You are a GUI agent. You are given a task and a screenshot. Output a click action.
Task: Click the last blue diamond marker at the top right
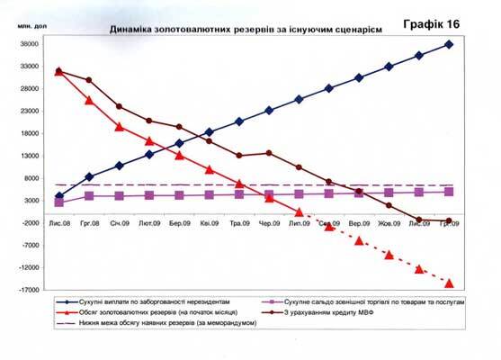pyautogui.click(x=448, y=44)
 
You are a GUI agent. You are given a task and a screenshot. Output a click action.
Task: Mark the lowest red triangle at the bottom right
pyautogui.click(x=448, y=283)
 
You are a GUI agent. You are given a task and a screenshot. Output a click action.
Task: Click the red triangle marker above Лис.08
pyautogui.click(x=58, y=71)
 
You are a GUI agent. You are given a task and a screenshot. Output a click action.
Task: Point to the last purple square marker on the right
pyautogui.click(x=448, y=192)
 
